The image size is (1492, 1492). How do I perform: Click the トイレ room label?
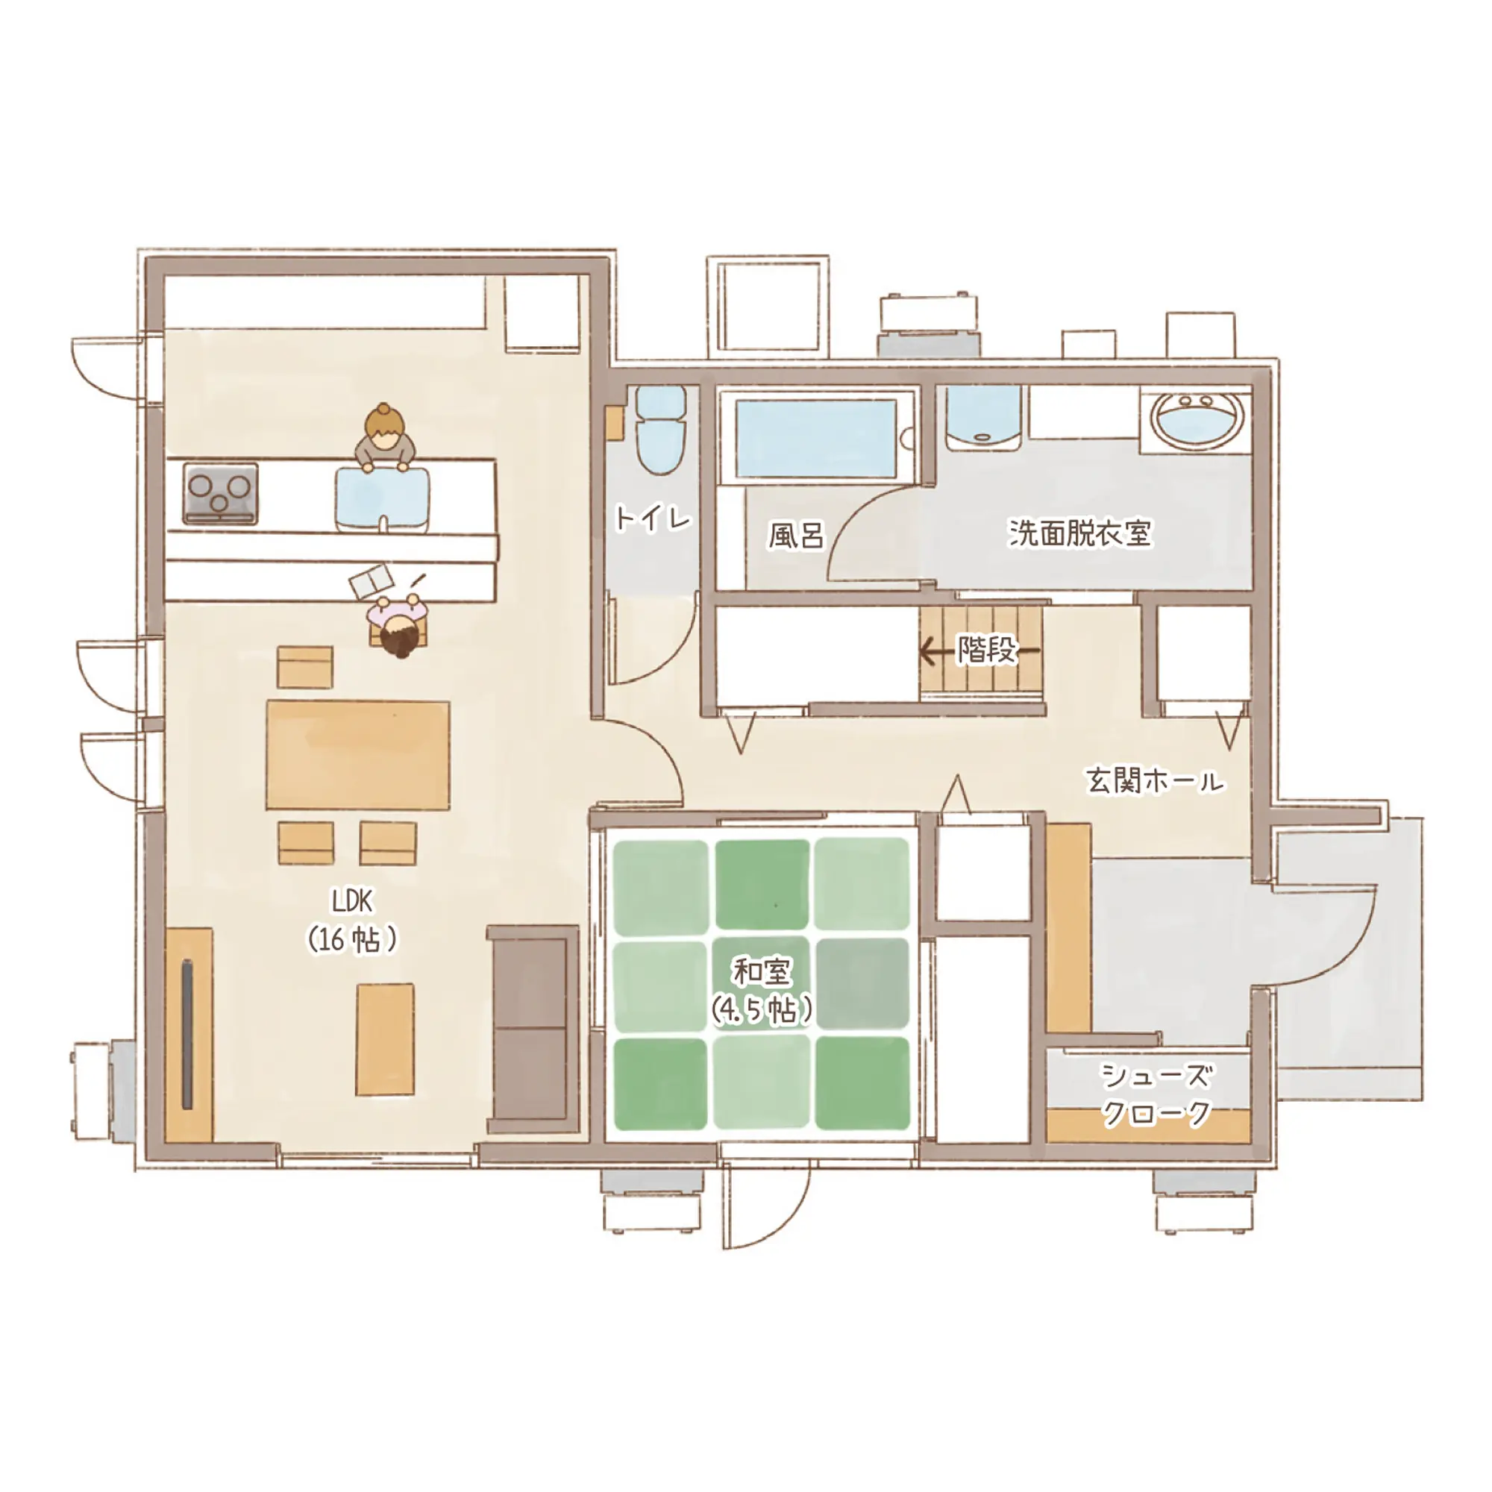pos(653,518)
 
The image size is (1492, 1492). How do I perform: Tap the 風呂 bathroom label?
pos(796,534)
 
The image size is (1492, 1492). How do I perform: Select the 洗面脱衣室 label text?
pos(1079,532)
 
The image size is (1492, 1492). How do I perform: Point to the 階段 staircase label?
pos(986,651)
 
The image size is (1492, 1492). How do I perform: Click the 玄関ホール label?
pos(1155,780)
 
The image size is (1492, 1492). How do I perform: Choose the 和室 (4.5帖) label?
pos(762,991)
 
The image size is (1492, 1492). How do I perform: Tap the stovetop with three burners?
pos(220,492)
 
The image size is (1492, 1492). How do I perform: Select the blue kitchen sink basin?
pos(382,501)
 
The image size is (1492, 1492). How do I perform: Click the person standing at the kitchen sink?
pos(385,438)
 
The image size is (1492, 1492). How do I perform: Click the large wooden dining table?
pos(357,754)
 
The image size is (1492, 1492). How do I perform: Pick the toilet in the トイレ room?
pos(660,430)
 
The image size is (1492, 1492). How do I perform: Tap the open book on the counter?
pos(372,580)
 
